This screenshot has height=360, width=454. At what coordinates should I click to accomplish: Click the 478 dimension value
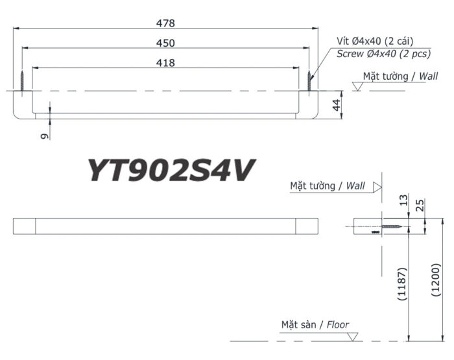click(x=166, y=23)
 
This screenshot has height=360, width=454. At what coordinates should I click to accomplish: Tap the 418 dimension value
click(x=166, y=62)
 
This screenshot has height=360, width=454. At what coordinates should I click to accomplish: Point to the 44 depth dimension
click(x=336, y=105)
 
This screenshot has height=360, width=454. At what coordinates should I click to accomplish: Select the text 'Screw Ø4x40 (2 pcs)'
click(x=379, y=54)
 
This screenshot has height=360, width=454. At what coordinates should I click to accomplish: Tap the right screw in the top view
click(x=309, y=82)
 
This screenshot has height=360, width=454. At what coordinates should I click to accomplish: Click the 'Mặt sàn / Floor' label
click(x=315, y=324)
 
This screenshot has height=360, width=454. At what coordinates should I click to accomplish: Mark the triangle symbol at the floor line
click(x=353, y=336)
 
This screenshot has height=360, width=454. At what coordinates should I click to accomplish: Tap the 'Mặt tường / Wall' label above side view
click(x=328, y=186)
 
